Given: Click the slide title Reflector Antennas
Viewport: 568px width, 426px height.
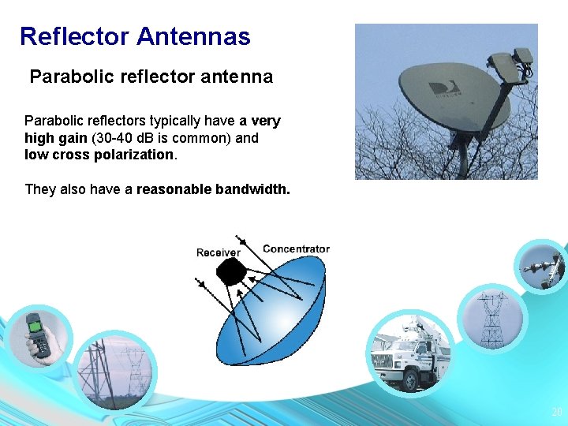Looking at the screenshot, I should click(x=135, y=36).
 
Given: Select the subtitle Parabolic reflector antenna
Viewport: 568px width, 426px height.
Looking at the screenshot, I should click(x=151, y=77).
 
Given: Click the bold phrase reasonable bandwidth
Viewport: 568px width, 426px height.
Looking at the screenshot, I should click(x=213, y=189).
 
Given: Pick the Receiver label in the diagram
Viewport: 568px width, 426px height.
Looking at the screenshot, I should click(x=218, y=252).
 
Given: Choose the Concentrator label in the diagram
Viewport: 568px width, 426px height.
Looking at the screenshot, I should click(x=296, y=248).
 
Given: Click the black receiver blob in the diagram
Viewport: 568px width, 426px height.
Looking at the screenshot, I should click(x=232, y=272).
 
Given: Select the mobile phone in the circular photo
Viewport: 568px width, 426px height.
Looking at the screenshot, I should click(x=37, y=334).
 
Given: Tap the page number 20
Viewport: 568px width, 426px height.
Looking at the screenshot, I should click(x=556, y=413).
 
